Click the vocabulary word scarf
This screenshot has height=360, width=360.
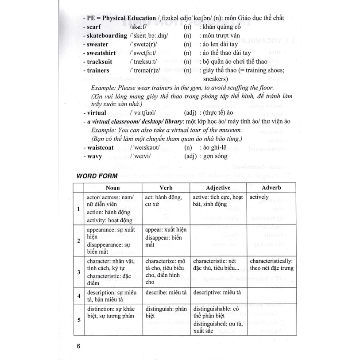click(x=96, y=27)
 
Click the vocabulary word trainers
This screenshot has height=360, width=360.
click(x=98, y=70)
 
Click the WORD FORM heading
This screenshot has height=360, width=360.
click(x=97, y=176)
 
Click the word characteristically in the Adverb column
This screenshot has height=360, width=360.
click(x=271, y=261)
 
